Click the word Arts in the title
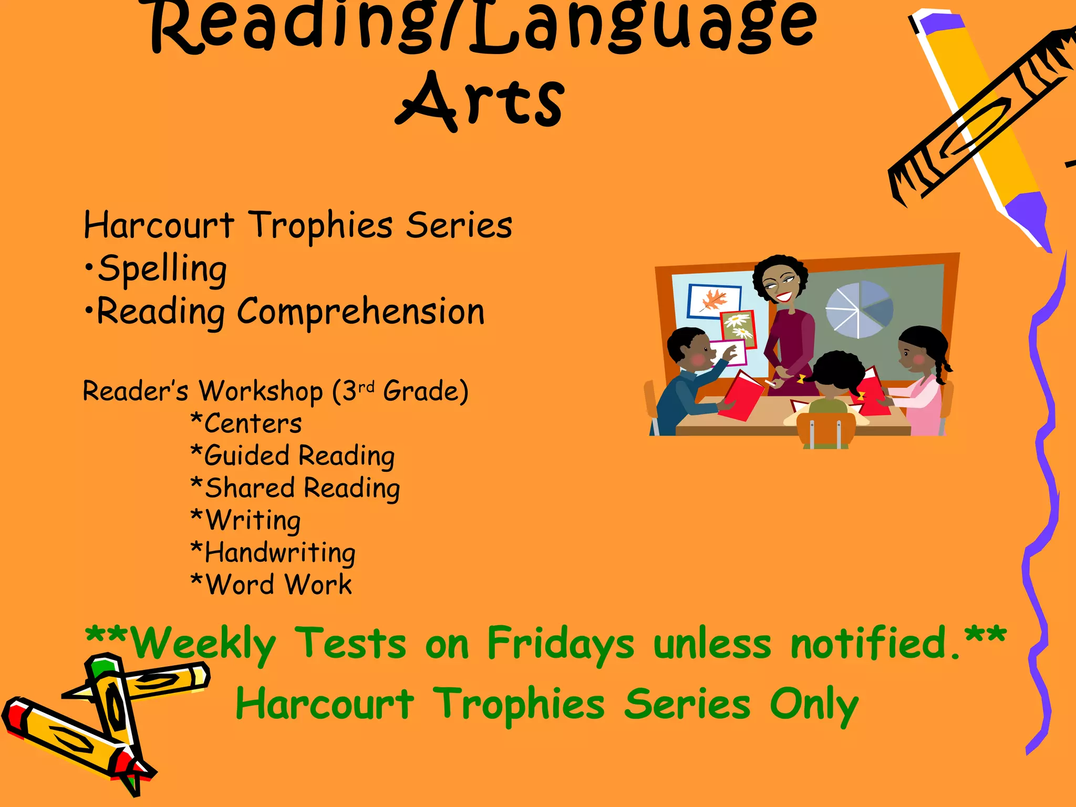tap(480, 101)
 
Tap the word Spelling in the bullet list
tap(162, 269)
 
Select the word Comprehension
tap(360, 312)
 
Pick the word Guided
tap(246, 456)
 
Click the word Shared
tap(249, 488)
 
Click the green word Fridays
tap(560, 644)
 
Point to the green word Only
tap(814, 705)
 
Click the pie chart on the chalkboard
tap(859, 309)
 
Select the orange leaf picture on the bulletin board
tap(714, 301)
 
